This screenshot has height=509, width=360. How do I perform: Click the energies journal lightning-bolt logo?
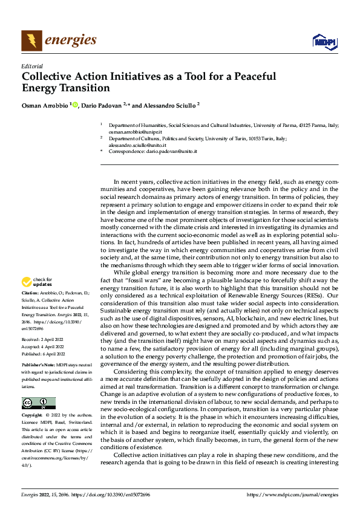click(x=31, y=41)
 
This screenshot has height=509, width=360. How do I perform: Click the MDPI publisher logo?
click(x=324, y=41)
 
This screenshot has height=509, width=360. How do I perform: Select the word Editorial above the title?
click(x=31, y=66)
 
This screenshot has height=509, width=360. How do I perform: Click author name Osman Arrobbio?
click(x=45, y=105)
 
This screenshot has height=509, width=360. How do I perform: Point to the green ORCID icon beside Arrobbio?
click(x=75, y=105)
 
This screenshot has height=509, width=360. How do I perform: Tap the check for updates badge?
click(x=36, y=282)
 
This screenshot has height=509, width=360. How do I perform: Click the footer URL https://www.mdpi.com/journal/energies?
click(x=293, y=495)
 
